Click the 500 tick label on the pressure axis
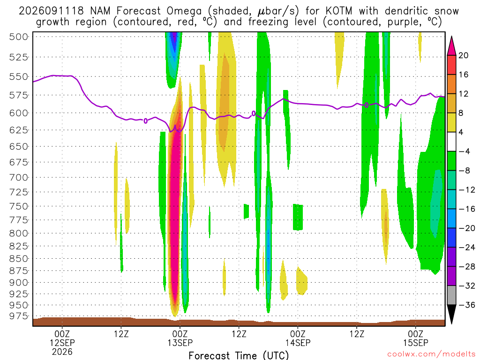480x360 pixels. [x=19, y=37]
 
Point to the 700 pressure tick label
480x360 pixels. [x=19, y=178]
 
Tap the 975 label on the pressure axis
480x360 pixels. [x=19, y=316]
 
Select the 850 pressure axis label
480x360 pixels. [x=19, y=259]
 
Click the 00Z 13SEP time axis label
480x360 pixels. [x=180, y=338]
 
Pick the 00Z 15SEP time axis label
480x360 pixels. [x=416, y=338]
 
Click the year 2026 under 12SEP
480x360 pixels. [x=62, y=352]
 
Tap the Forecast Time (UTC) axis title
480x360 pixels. [x=239, y=355]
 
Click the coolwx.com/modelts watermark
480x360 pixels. [x=431, y=354]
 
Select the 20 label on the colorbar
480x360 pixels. [x=464, y=55]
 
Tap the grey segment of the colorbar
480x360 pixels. [x=451, y=295]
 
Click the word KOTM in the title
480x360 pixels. [x=339, y=11]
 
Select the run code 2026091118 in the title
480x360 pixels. [x=51, y=11]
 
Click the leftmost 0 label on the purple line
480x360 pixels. [x=145, y=121]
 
